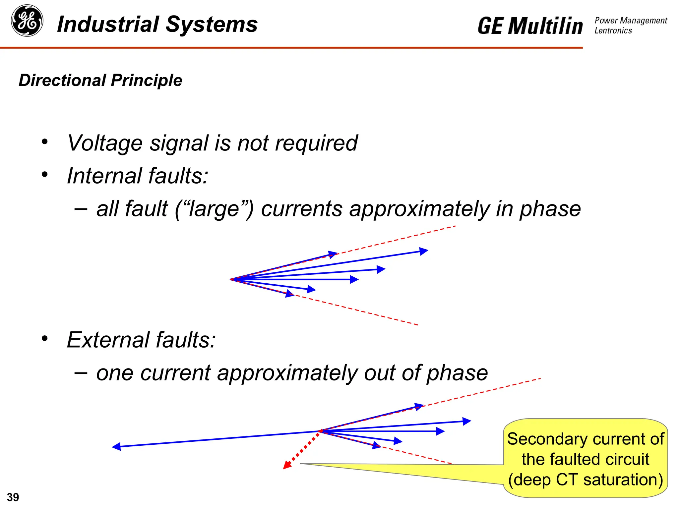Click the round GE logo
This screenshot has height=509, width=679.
point(27,21)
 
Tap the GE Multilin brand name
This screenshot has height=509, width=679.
point(530,26)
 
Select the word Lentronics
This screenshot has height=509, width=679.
point(613,31)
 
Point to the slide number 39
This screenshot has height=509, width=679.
point(13,497)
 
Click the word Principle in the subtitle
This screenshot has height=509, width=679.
point(147,81)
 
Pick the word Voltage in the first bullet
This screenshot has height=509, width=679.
point(105,143)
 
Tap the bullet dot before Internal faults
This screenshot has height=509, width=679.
point(45,175)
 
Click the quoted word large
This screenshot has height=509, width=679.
point(214,209)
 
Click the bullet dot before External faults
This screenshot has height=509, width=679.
point(45,339)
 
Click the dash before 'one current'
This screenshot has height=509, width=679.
point(81,372)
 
